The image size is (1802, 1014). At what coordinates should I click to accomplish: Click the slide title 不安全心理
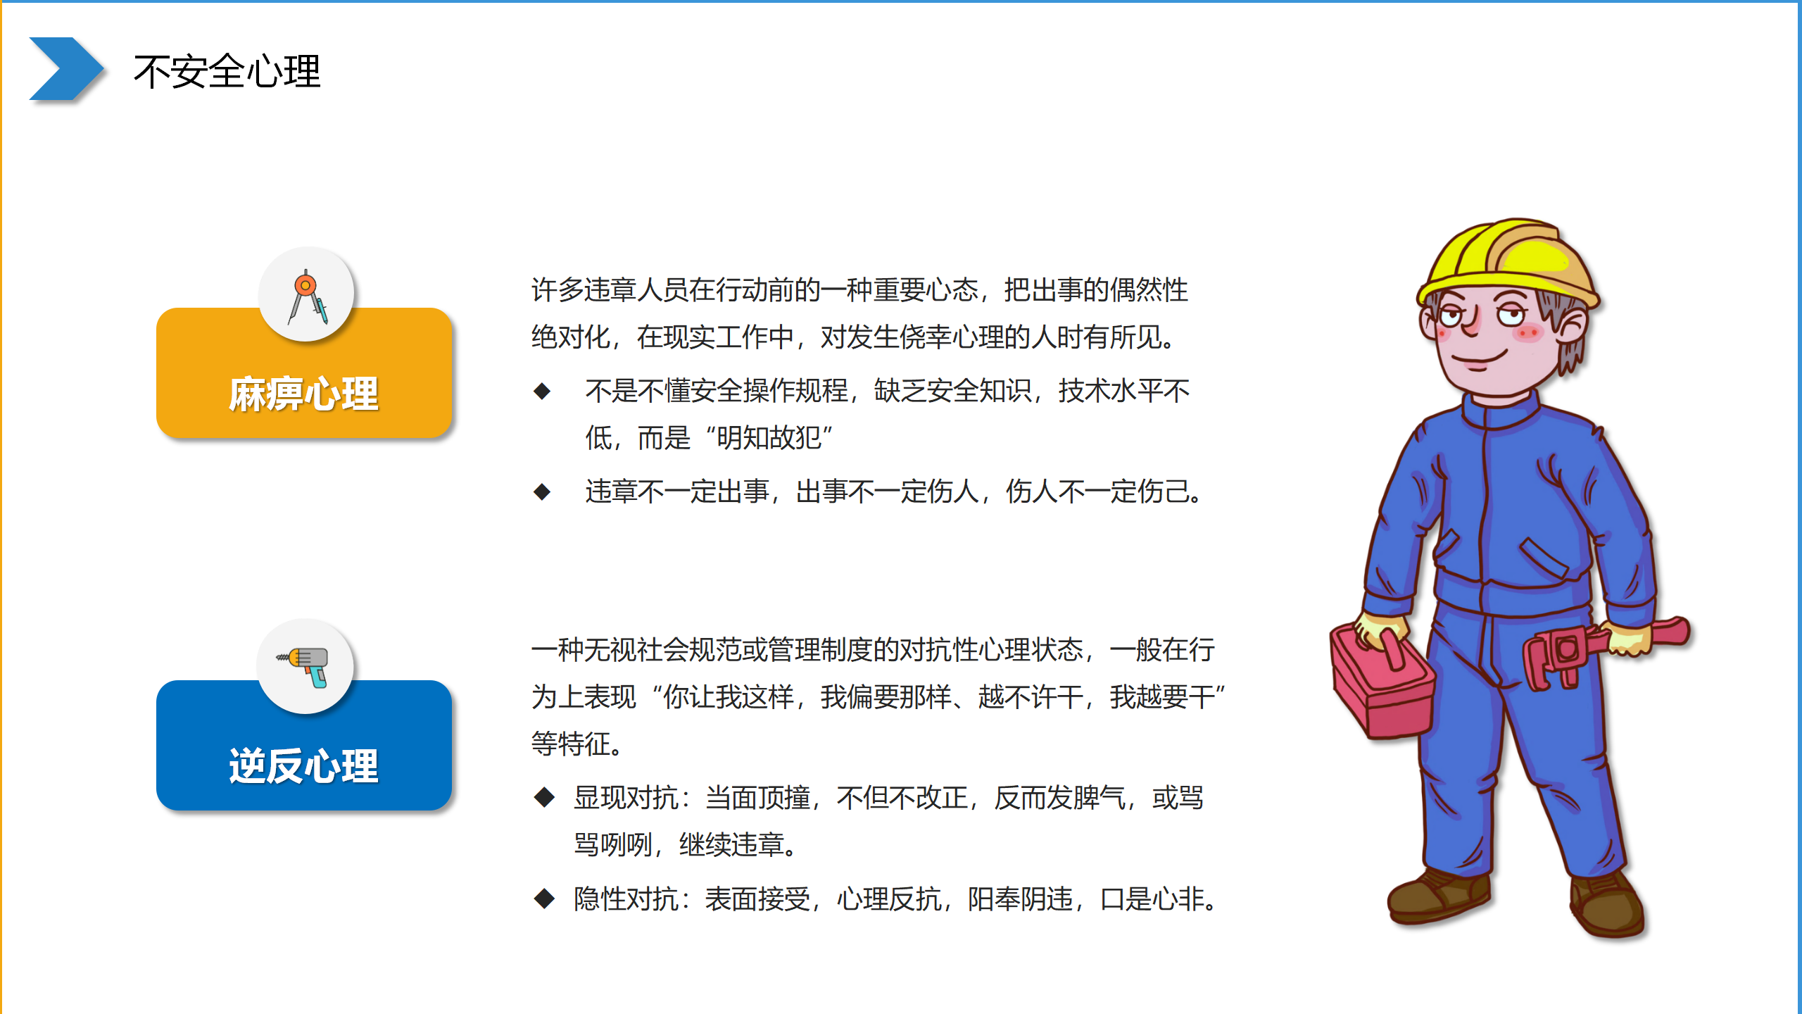coord(227,72)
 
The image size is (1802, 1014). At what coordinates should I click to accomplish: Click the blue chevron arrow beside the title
coord(66,68)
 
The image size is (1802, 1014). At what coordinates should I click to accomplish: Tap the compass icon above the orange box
coord(307,296)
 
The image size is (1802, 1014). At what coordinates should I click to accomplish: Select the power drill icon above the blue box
coord(304,666)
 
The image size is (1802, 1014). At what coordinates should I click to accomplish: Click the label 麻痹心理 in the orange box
coord(303,394)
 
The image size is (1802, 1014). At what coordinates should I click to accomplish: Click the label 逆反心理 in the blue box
coord(303,765)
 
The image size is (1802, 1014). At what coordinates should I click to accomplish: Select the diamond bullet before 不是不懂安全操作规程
coord(542,391)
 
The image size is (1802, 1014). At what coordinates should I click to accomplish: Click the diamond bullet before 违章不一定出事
coord(542,492)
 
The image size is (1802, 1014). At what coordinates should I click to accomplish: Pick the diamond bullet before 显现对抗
coord(544,798)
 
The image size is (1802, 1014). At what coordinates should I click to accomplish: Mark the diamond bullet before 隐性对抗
coord(544,899)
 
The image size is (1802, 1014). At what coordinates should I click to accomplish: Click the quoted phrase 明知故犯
coord(769,438)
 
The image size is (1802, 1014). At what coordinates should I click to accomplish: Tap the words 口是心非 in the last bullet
coord(1152,899)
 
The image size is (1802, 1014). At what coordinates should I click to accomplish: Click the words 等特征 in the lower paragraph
coord(571,744)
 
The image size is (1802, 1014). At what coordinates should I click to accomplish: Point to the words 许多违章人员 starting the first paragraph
coord(610,290)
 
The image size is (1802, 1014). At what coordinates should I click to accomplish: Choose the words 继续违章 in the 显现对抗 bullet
coord(731,845)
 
